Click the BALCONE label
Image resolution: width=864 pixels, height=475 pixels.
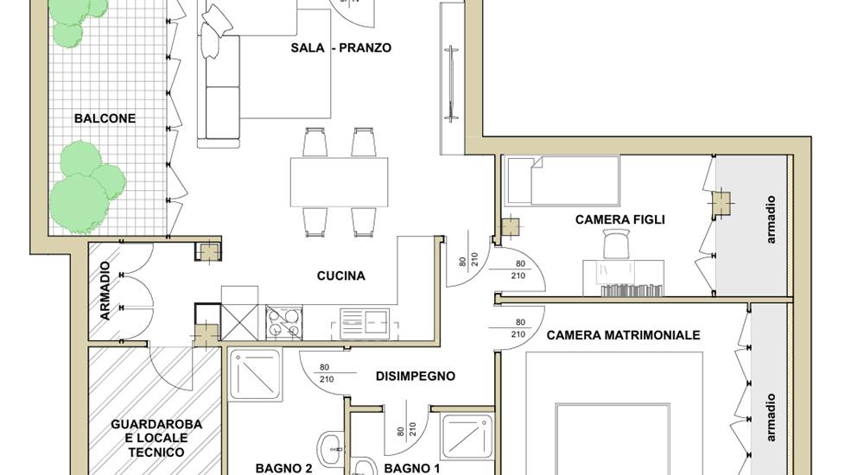coord(105,118)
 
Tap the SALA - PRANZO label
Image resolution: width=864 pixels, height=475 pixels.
coord(341,48)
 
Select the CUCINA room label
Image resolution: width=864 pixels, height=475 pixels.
coord(341,275)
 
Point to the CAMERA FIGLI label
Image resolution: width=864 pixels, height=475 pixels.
coord(619,219)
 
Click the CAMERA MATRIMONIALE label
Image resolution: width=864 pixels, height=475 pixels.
coord(623,335)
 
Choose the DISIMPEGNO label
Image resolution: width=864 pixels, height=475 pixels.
coord(416,377)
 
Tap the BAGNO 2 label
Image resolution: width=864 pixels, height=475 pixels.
coord(283,468)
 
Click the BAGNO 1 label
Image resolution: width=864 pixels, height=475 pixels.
coord(412,468)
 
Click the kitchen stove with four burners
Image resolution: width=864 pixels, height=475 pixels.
coord(284,323)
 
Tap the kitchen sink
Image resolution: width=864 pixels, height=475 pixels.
coord(365,323)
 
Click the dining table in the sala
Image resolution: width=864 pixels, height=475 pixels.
coord(339,182)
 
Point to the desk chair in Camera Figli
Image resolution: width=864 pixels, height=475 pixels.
coord(616,244)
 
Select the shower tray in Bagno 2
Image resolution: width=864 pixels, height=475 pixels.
coord(255,374)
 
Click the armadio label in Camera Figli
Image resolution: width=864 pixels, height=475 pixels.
coord(771,219)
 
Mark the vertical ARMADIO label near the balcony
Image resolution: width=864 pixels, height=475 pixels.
coord(105,290)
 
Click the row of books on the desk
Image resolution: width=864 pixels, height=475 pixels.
coord(632,290)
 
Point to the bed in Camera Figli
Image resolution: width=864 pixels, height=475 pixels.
coord(562,181)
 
